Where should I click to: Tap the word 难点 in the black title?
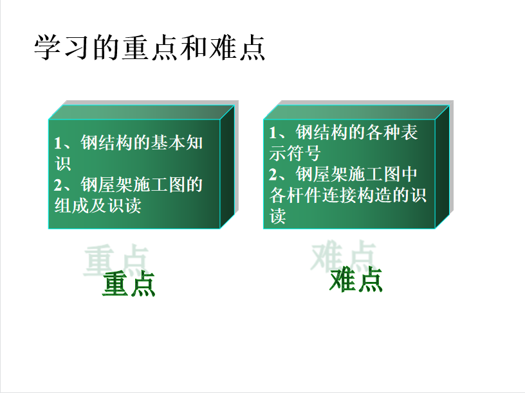click(x=237, y=48)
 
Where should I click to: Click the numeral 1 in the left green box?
click(x=58, y=143)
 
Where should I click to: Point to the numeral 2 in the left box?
click(x=58, y=185)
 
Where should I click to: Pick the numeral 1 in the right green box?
click(x=273, y=132)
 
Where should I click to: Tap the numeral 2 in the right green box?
click(x=273, y=175)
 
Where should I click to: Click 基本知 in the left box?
click(x=177, y=143)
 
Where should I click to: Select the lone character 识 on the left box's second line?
click(x=63, y=164)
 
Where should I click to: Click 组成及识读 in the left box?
click(x=98, y=205)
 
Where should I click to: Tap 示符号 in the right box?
click(x=295, y=153)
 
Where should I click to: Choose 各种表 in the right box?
click(x=392, y=132)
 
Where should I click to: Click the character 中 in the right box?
click(x=409, y=174)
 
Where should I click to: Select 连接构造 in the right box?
click(x=356, y=195)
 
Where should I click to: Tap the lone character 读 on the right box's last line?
click(x=277, y=216)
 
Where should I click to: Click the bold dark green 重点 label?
click(x=129, y=284)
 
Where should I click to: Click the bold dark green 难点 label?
click(x=356, y=280)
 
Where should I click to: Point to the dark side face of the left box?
click(x=227, y=167)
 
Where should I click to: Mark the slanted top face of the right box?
click(x=356, y=112)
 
